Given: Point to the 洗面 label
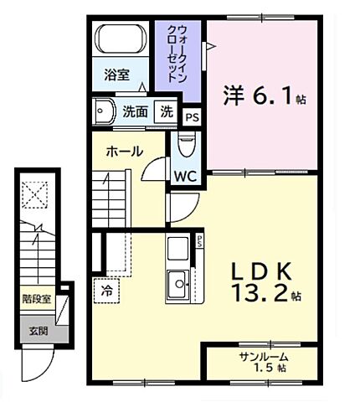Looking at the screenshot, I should coord(136,111).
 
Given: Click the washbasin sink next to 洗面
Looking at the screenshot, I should coord(105,111).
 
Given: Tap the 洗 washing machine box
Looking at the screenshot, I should coord(167,111).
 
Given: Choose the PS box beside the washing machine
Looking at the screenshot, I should coord(193,117).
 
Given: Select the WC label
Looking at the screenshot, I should coord(184,176).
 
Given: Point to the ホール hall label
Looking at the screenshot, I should coord(123,152).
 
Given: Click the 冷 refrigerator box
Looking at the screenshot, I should coord(107,291).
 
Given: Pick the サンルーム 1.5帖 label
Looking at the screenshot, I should coord(263,362).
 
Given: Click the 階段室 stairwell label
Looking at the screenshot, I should coord(36,296).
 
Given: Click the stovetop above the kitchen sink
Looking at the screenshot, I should coord(178,249).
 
